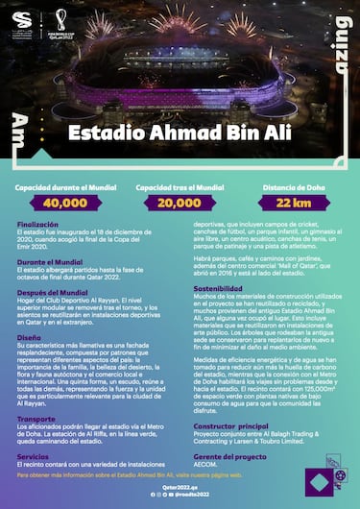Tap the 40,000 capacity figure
tap(65, 203)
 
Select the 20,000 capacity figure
tap(180, 203)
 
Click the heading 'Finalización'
tap(37, 224)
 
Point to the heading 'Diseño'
tap(29, 338)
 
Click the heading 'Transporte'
tap(36, 419)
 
